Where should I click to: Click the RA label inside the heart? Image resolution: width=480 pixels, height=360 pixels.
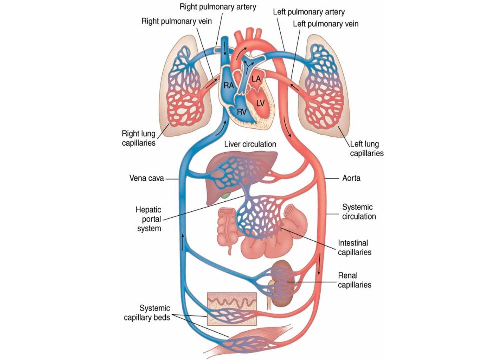click(x=228, y=85)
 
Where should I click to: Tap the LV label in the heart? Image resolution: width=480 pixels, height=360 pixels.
click(x=260, y=104)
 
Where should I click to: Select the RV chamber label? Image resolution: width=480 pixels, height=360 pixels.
click(x=242, y=112)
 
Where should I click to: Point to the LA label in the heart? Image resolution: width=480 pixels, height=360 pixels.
click(x=256, y=79)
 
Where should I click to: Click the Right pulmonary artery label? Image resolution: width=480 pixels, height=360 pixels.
click(x=218, y=7)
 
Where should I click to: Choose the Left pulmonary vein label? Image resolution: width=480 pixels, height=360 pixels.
click(x=326, y=24)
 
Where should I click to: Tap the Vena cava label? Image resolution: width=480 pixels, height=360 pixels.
click(x=147, y=178)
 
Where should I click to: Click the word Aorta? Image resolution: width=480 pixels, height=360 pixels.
click(x=351, y=178)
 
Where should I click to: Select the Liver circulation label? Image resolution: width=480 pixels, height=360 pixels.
click(x=250, y=144)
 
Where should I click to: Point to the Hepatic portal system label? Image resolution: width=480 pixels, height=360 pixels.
click(x=149, y=219)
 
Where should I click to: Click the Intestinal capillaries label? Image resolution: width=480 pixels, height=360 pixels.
click(x=355, y=247)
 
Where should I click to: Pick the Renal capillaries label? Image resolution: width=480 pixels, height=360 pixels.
click(x=355, y=280)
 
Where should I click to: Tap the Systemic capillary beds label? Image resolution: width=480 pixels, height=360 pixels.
click(x=147, y=313)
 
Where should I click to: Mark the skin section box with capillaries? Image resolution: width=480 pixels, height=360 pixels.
click(x=232, y=309)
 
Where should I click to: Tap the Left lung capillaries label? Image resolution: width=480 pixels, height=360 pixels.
click(x=366, y=149)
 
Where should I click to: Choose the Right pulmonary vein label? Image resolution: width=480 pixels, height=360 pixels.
click(x=176, y=21)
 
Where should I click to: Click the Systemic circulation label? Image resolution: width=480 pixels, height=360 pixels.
click(x=359, y=212)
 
